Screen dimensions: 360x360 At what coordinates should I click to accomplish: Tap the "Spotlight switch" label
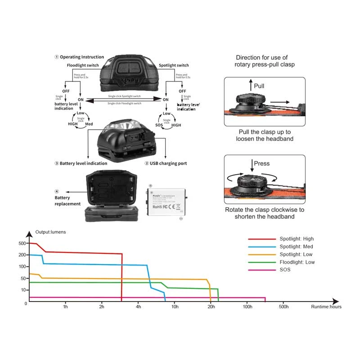(x=174, y=65)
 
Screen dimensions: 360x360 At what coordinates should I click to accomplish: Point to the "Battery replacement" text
(x=67, y=201)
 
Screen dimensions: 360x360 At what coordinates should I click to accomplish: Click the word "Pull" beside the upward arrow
(x=259, y=86)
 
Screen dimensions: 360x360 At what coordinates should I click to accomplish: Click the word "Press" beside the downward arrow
(x=262, y=163)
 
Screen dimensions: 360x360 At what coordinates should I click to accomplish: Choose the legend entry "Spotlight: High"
(x=296, y=239)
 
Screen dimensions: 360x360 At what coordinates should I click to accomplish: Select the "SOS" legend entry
(x=285, y=270)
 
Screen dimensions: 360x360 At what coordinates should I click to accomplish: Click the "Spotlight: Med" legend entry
(x=296, y=247)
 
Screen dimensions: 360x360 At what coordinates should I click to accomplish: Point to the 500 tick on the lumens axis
(x=22, y=243)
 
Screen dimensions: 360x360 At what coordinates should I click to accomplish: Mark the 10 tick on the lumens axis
(x=24, y=290)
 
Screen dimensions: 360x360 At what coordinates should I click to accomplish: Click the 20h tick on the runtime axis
(x=211, y=307)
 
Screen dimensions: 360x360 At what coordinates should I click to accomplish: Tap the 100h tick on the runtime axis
(x=247, y=307)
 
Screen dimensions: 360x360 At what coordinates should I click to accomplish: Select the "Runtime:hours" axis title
(x=326, y=307)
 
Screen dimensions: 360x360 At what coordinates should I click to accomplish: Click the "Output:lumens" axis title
(x=50, y=232)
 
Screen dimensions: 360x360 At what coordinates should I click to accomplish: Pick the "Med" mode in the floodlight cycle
(x=89, y=124)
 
